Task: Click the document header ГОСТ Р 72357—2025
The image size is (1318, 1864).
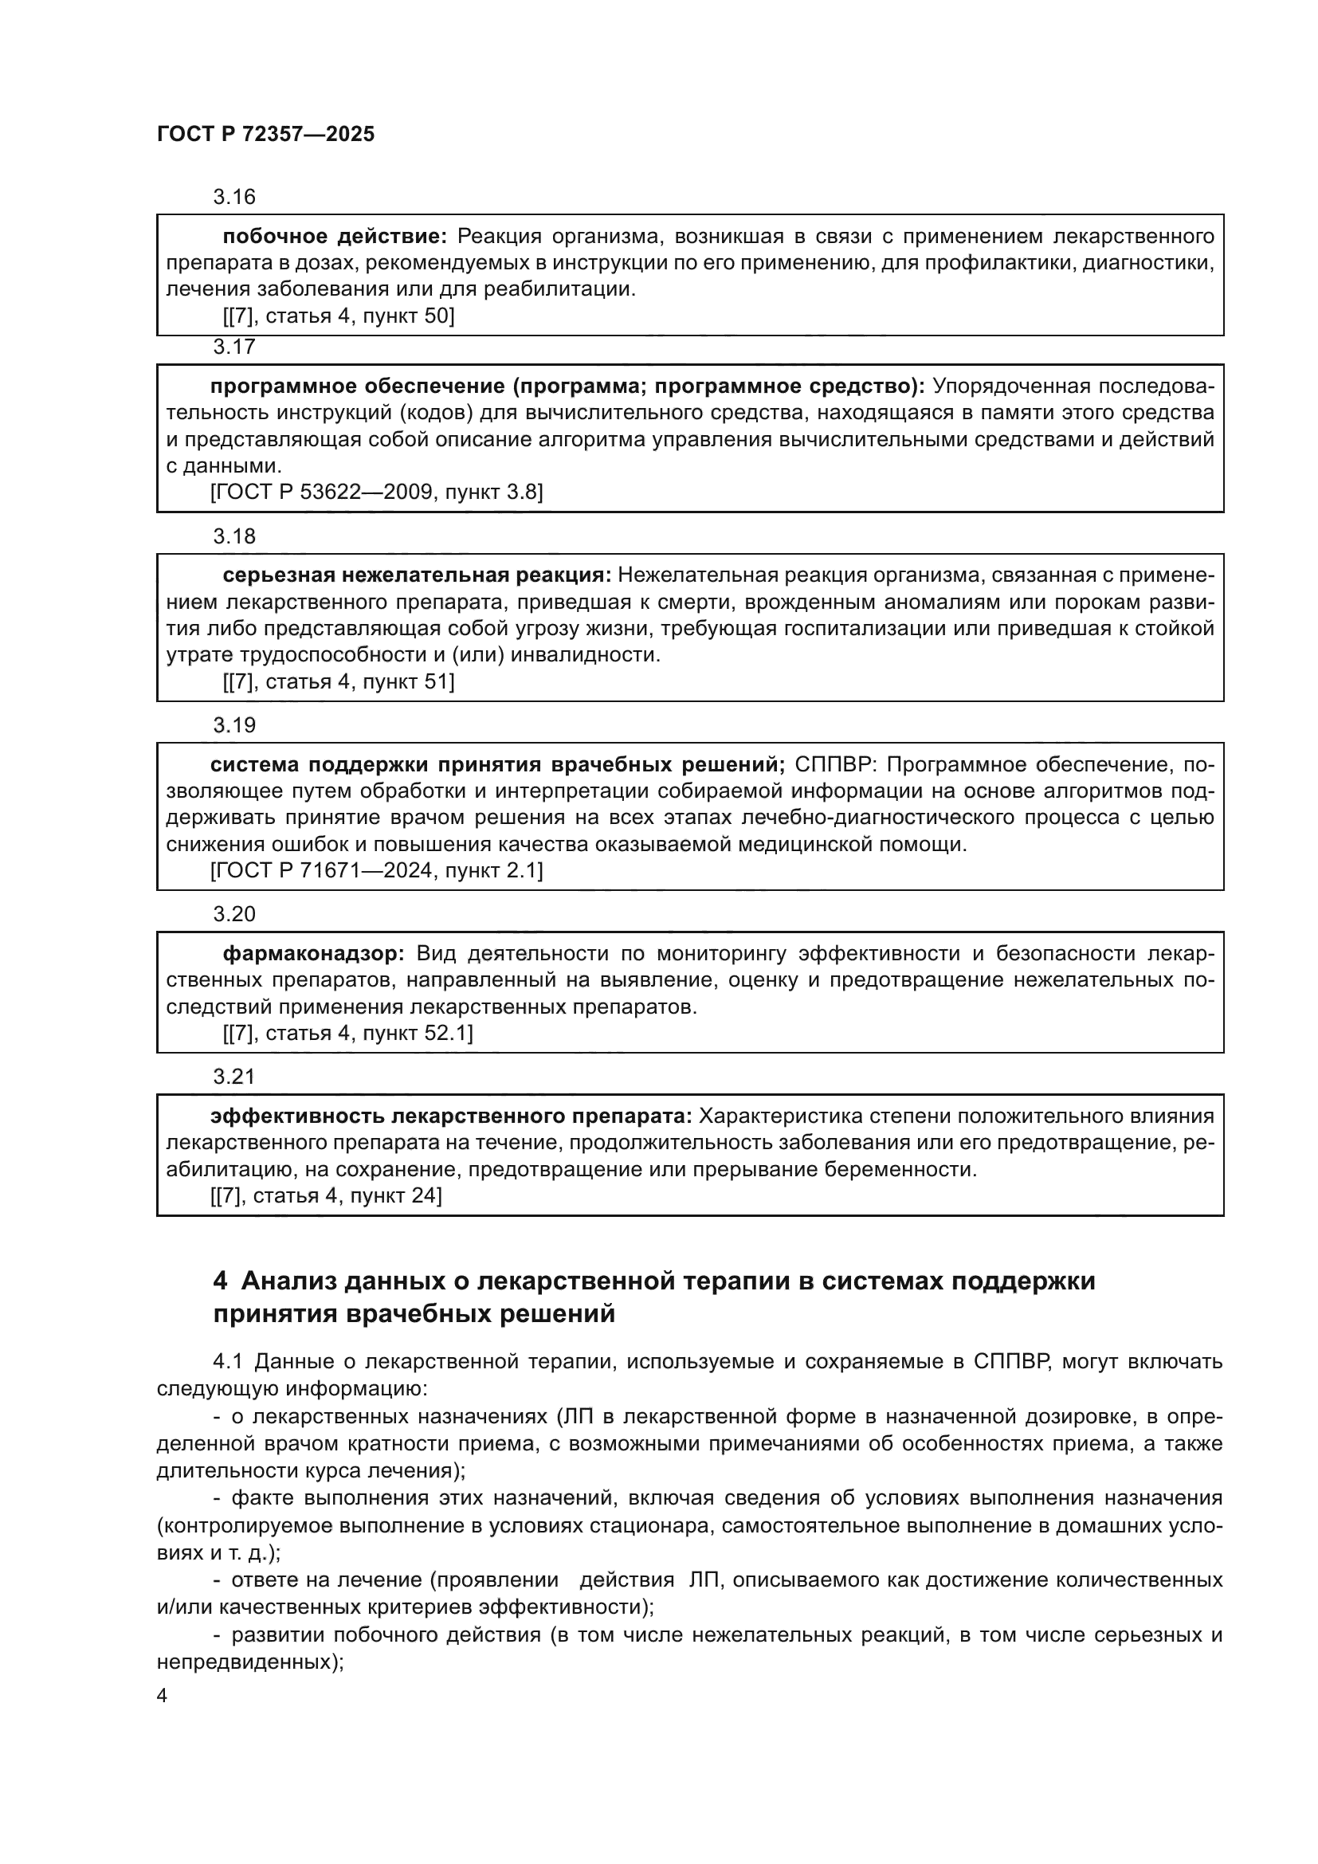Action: pos(265,135)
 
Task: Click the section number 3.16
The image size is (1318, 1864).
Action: pos(233,198)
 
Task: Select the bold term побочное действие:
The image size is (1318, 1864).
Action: pos(335,237)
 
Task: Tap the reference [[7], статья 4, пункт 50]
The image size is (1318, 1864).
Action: pos(338,316)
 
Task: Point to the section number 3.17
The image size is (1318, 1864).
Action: pos(233,347)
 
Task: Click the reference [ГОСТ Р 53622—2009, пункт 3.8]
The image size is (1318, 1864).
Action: pos(376,492)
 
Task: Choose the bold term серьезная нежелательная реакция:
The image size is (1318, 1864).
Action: pos(416,575)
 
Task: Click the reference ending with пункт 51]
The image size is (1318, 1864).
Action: pos(338,682)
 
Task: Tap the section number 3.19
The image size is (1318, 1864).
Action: pos(233,726)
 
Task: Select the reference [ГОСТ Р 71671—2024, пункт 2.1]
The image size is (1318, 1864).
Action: pos(376,871)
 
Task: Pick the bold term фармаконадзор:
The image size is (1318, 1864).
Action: pos(313,954)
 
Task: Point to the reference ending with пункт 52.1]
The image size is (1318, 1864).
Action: pos(347,1034)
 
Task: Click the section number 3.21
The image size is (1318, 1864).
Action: pos(233,1077)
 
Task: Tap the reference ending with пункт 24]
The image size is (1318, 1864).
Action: pos(325,1196)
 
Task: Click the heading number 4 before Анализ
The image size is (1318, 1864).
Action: pos(220,1282)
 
